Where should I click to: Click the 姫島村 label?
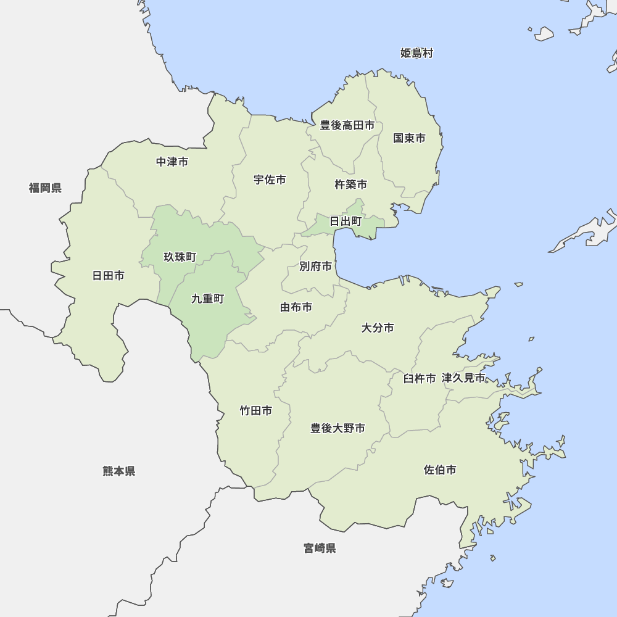[x=416, y=54]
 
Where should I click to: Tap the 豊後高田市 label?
[x=347, y=125]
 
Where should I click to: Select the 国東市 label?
[x=409, y=138]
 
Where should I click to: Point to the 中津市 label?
[x=172, y=162]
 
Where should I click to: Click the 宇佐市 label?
[x=270, y=180]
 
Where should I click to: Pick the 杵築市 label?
[x=350, y=184]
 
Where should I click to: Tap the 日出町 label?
[x=346, y=221]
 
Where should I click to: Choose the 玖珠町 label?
[x=180, y=257]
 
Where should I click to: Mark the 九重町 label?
[x=207, y=299]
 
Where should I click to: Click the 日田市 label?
[x=108, y=276]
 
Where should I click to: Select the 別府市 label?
[x=315, y=267]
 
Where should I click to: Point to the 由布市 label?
[x=296, y=307]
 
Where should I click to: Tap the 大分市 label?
[x=378, y=328]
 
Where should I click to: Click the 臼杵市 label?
[x=420, y=379]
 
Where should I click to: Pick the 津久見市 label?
[x=463, y=378]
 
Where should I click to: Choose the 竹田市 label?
[x=255, y=410]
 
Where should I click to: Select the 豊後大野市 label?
[x=337, y=428]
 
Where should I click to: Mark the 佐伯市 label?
[x=440, y=470]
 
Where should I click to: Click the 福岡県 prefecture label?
[x=45, y=188]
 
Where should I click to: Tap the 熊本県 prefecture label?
[x=118, y=471]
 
